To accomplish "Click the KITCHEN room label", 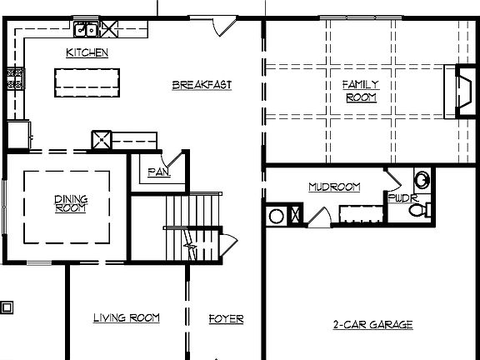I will [x=87, y=52].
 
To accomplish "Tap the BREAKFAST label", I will [x=202, y=84].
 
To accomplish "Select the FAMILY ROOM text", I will [x=360, y=90].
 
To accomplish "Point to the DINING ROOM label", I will [x=70, y=202].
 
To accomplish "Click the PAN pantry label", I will [x=158, y=172].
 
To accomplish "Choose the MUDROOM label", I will [x=334, y=187].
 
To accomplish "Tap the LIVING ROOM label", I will [x=126, y=317].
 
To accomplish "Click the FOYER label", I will [x=226, y=318].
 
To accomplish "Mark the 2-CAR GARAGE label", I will [x=372, y=324].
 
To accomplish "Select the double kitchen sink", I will [x=86, y=32].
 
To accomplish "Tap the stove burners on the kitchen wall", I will [x=15, y=78].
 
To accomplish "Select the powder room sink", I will [x=422, y=179].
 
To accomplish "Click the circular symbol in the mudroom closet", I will [x=277, y=216].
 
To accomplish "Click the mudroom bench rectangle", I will [x=360, y=214].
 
